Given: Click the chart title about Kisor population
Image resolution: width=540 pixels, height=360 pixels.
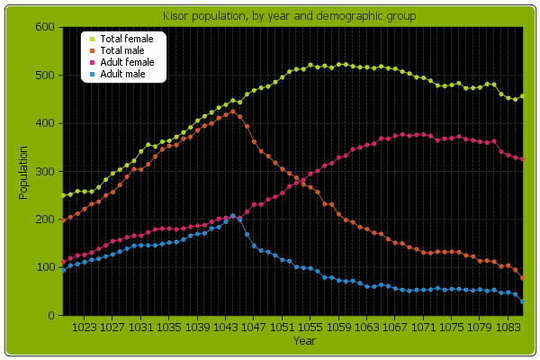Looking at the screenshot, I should (270, 17).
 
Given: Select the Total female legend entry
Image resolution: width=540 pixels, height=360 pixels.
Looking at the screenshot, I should (126, 40).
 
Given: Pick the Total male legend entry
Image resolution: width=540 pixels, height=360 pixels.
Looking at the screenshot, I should (123, 51).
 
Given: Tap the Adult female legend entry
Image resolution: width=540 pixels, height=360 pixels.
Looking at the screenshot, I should (127, 62).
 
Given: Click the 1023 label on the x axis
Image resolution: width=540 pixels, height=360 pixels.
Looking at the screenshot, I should (84, 328).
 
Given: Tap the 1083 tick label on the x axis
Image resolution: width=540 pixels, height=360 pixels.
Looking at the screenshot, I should (508, 328).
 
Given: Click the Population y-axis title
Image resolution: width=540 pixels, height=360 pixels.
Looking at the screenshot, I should (23, 171).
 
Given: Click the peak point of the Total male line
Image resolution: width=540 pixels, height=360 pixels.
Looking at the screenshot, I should (233, 111).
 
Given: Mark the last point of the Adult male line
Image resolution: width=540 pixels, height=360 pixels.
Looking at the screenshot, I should (523, 301).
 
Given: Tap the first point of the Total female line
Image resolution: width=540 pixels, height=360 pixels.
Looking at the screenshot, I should (63, 195).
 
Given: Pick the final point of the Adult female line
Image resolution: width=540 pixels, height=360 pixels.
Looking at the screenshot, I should (523, 159).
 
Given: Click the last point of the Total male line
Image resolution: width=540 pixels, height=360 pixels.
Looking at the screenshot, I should (523, 279).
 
